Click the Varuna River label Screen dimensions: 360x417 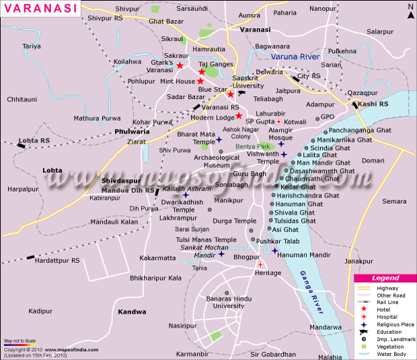(296, 58)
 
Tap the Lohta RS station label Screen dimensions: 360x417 (34, 140)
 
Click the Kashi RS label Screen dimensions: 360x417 (374, 104)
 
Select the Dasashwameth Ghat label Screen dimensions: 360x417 (328, 171)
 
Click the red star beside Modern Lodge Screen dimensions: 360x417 (238, 116)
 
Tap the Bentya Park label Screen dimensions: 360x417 (256, 146)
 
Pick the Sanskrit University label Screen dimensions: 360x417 (248, 81)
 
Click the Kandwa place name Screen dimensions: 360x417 (132, 312)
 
